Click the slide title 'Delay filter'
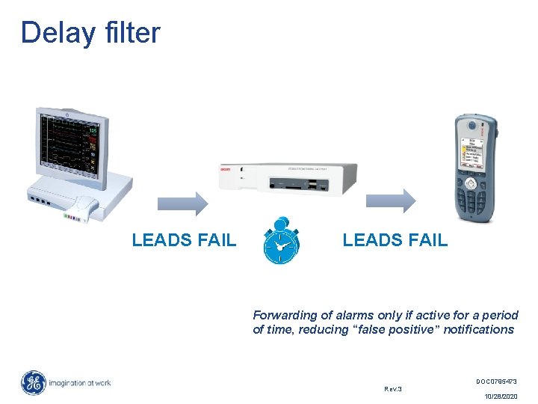[90, 33]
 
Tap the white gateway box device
[288, 179]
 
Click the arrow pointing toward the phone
[389, 201]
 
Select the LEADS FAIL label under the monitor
[184, 240]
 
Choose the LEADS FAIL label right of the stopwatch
[395, 240]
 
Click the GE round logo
[33, 383]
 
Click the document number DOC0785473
[495, 382]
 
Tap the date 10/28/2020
[500, 397]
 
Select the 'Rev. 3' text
[393, 389]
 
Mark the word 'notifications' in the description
[478, 329]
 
